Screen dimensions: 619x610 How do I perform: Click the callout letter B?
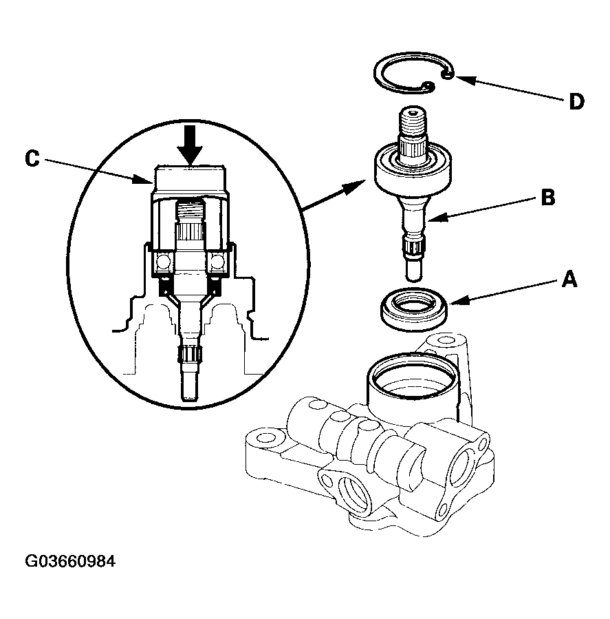pyautogui.click(x=547, y=198)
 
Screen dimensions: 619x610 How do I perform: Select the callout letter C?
pyautogui.click(x=32, y=158)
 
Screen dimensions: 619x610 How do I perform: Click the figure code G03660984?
pyautogui.click(x=71, y=561)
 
